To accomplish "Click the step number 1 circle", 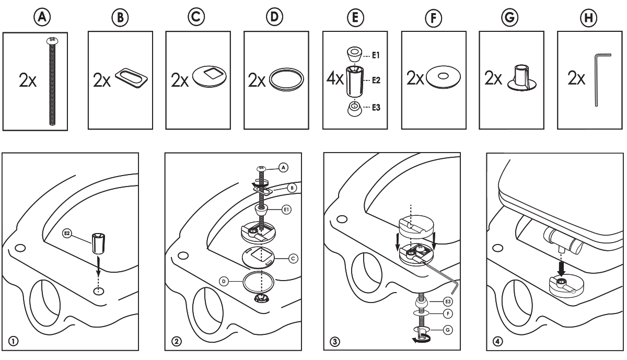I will coord(12,341).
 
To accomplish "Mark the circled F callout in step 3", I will coord(447,314).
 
